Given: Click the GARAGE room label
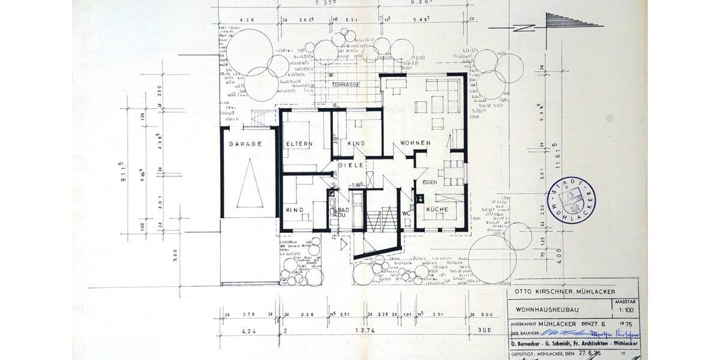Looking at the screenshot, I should [245, 144].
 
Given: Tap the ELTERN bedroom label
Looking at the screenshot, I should [298, 145].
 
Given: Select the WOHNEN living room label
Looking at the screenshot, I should [413, 143].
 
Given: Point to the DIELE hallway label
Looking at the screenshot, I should [351, 164].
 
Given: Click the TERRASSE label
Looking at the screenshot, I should [346, 85].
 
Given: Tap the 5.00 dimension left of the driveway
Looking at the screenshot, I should [176, 258].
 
